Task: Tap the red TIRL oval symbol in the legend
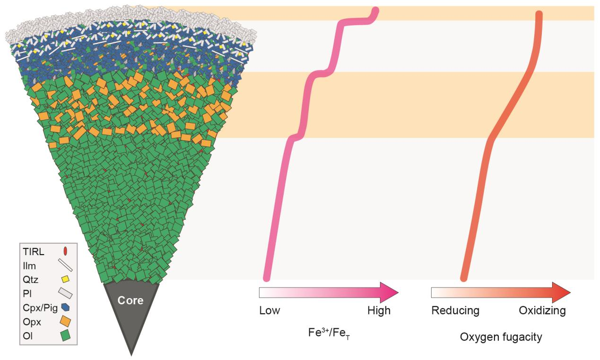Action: pos(65,251)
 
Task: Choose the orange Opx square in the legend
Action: pos(67,321)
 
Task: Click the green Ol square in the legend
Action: pos(66,335)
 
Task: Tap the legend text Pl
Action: pos(27,293)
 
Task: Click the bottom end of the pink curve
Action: pos(267,276)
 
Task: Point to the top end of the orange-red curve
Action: pos(539,14)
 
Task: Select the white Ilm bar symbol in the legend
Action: pos(65,266)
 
